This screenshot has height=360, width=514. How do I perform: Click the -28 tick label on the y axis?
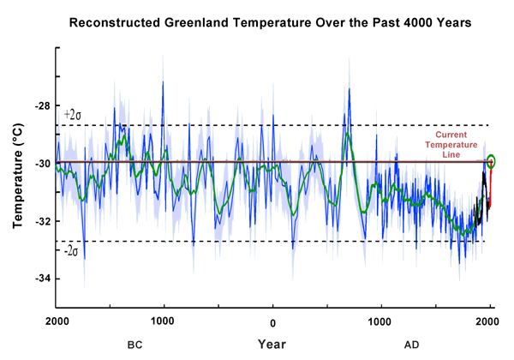(x=42, y=106)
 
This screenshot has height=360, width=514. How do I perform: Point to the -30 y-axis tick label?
(x=42, y=164)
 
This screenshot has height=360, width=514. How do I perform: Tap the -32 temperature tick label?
(x=42, y=221)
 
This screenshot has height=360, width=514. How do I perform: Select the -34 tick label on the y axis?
(x=42, y=279)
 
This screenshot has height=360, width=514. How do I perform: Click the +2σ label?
(x=74, y=115)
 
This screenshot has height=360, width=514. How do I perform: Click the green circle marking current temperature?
(x=491, y=161)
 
